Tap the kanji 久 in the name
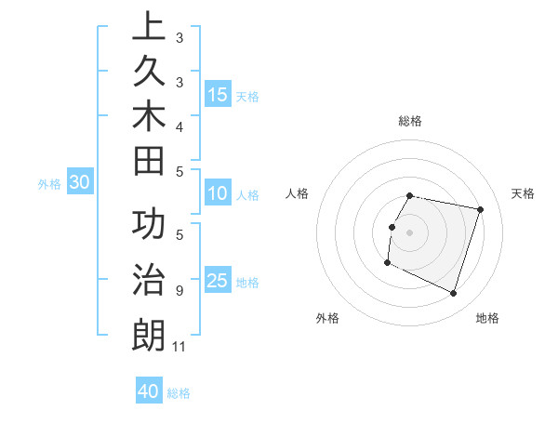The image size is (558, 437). [149, 74]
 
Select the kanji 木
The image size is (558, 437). [149, 117]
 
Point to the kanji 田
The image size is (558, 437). [149, 162]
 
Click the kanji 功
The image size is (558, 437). [149, 227]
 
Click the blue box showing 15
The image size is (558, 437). [218, 94]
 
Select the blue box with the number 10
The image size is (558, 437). [218, 193]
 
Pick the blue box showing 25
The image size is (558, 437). [218, 281]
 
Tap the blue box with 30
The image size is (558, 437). [80, 183]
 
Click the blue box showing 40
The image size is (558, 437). [149, 391]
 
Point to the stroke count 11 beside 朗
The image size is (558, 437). [179, 347]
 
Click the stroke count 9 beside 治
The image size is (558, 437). [179, 291]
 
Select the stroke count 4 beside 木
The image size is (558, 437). [179, 126]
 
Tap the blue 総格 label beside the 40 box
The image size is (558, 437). [179, 393]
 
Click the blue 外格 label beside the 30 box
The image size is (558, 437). [49, 184]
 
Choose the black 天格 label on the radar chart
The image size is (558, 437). [523, 193]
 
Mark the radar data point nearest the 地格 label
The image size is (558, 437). [454, 294]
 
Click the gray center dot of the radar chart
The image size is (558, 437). [409, 232]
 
